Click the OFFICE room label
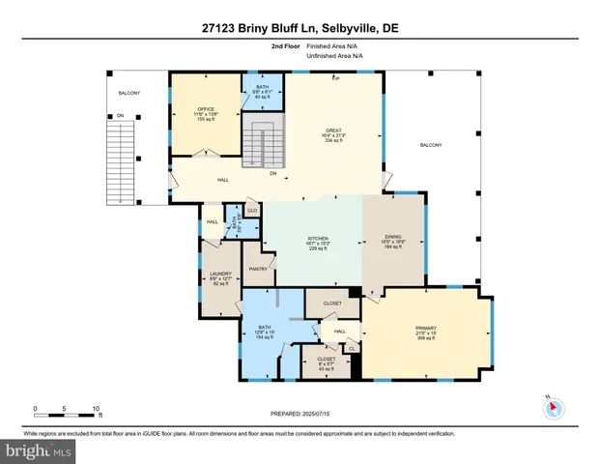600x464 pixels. pyautogui.click(x=205, y=108)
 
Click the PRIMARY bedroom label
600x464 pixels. pyautogui.click(x=426, y=328)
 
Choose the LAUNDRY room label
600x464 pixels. pyautogui.click(x=221, y=274)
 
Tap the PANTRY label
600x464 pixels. pyautogui.click(x=258, y=269)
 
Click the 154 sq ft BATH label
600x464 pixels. pyautogui.click(x=265, y=329)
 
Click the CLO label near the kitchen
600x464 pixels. pyautogui.click(x=251, y=210)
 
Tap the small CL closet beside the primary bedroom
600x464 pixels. pyautogui.click(x=351, y=348)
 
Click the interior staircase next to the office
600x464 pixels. pyautogui.click(x=255, y=143)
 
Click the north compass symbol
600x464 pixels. pyautogui.click(x=554, y=406)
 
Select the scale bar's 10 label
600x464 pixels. pyautogui.click(x=96, y=407)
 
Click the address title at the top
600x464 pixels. pyautogui.click(x=299, y=29)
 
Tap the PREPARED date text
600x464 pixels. pyautogui.click(x=299, y=414)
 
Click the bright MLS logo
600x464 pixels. pyautogui.click(x=37, y=449)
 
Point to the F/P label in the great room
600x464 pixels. pyautogui.click(x=336, y=76)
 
